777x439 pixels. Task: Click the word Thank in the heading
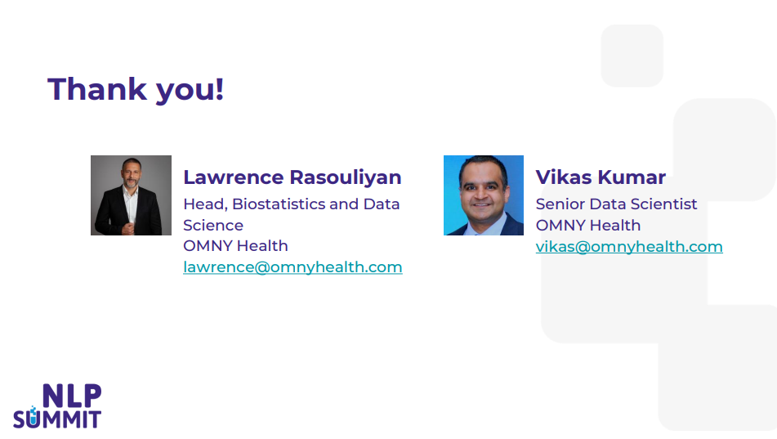click(97, 89)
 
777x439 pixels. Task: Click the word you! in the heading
click(190, 91)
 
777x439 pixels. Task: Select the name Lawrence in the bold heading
click(234, 177)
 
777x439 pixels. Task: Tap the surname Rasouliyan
click(346, 177)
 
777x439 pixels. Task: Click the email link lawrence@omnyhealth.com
click(292, 267)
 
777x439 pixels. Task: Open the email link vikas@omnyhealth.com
click(629, 247)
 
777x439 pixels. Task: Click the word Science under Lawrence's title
click(213, 225)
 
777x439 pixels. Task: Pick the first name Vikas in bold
click(564, 177)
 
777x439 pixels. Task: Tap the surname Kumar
click(632, 177)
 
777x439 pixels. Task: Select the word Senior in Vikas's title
click(560, 204)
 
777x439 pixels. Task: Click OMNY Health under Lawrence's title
click(235, 245)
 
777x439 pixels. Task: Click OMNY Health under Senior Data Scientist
click(588, 225)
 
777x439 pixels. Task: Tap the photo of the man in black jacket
click(131, 195)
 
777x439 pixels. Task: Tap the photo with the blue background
click(484, 195)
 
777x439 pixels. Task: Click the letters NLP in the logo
click(72, 396)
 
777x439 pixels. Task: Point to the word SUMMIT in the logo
click(57, 419)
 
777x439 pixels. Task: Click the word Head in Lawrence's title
click(205, 204)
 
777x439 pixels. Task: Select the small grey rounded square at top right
click(632, 56)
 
